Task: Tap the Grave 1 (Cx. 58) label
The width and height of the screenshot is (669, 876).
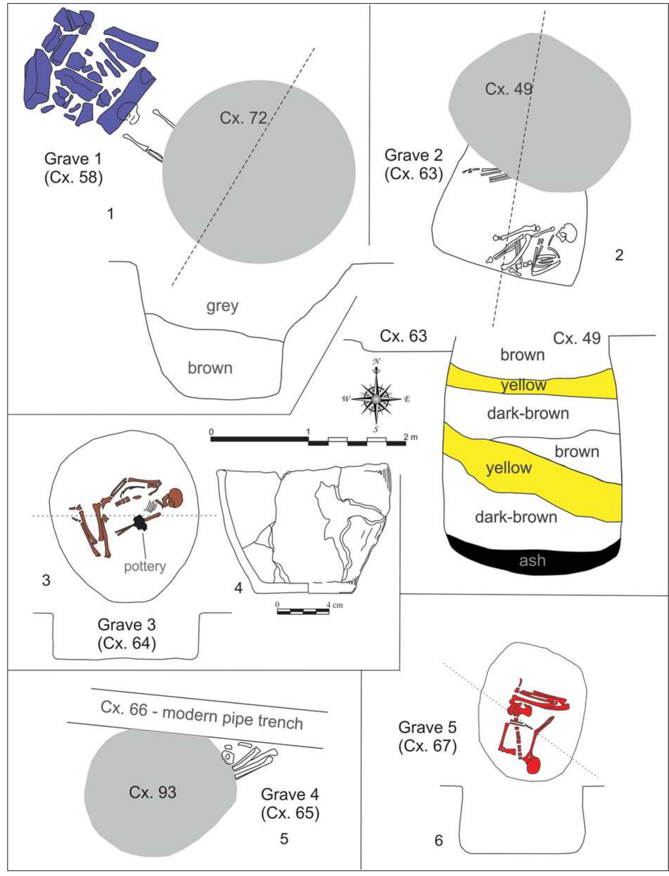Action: point(74,168)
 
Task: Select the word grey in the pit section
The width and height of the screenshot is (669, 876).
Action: point(223,307)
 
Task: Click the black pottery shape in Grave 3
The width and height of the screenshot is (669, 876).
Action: point(140,523)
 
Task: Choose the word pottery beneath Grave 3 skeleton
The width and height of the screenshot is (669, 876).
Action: point(145,566)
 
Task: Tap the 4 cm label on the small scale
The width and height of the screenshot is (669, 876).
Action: point(334,605)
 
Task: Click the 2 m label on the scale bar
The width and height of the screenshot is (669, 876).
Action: point(411,437)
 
